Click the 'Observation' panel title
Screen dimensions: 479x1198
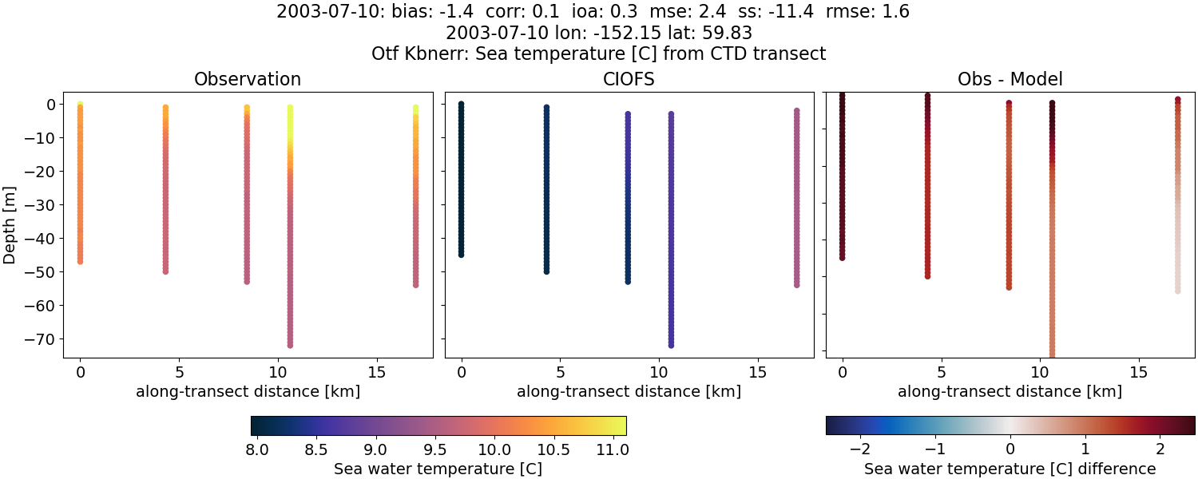pos(248,79)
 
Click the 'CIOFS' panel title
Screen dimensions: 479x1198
pos(629,79)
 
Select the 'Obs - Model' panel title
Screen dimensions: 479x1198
pos(1010,79)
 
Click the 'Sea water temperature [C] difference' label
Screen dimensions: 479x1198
pos(1010,469)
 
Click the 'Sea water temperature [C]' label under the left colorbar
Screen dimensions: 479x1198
pos(438,469)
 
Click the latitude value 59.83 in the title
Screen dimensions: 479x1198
pos(728,34)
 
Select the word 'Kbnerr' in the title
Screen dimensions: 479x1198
pos(438,54)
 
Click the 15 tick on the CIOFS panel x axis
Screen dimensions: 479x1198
pos(757,373)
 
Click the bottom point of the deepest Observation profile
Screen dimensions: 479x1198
pos(290,345)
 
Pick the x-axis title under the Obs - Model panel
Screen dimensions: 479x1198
pos(1010,392)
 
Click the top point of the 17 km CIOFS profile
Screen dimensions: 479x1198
pos(796,112)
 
